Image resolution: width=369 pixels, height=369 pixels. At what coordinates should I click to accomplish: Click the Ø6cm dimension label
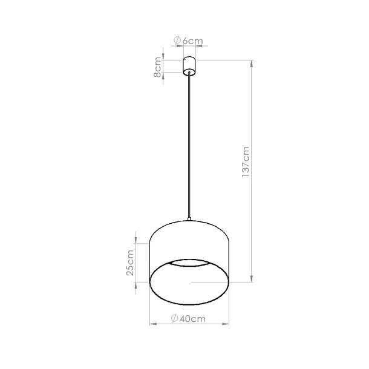188,41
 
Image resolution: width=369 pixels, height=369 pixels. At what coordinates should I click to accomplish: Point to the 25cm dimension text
129,263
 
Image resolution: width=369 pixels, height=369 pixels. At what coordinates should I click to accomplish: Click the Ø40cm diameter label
188,319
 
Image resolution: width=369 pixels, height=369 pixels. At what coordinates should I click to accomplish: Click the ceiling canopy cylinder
189,66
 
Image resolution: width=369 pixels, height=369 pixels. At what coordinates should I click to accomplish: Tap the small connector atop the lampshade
189,220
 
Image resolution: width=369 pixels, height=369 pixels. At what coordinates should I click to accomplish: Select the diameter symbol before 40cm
174,319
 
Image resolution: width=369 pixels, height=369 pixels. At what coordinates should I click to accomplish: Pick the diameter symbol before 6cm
177,41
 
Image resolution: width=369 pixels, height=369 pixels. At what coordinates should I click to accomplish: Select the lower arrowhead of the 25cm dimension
136,280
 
